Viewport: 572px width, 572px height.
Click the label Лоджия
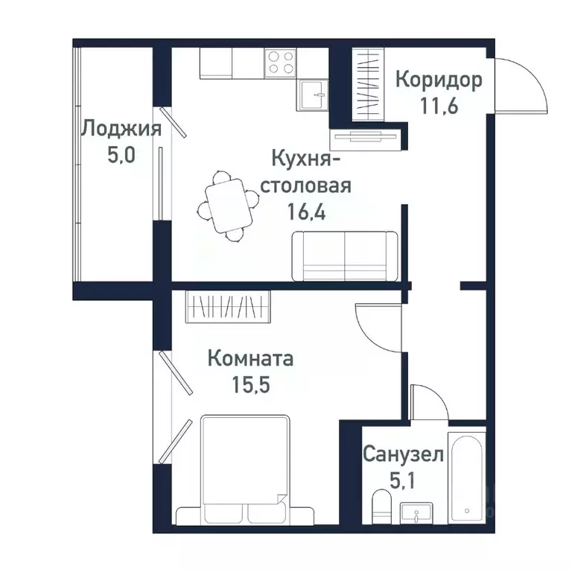pos(121,129)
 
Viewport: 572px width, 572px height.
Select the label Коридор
pos(439,80)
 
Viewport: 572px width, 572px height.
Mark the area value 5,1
pos(404,479)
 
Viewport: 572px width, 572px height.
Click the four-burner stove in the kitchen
pos(281,62)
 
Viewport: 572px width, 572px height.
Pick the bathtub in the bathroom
pos(466,477)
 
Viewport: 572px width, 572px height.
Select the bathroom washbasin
pos(418,513)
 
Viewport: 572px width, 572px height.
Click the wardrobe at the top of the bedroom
pos(229,306)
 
